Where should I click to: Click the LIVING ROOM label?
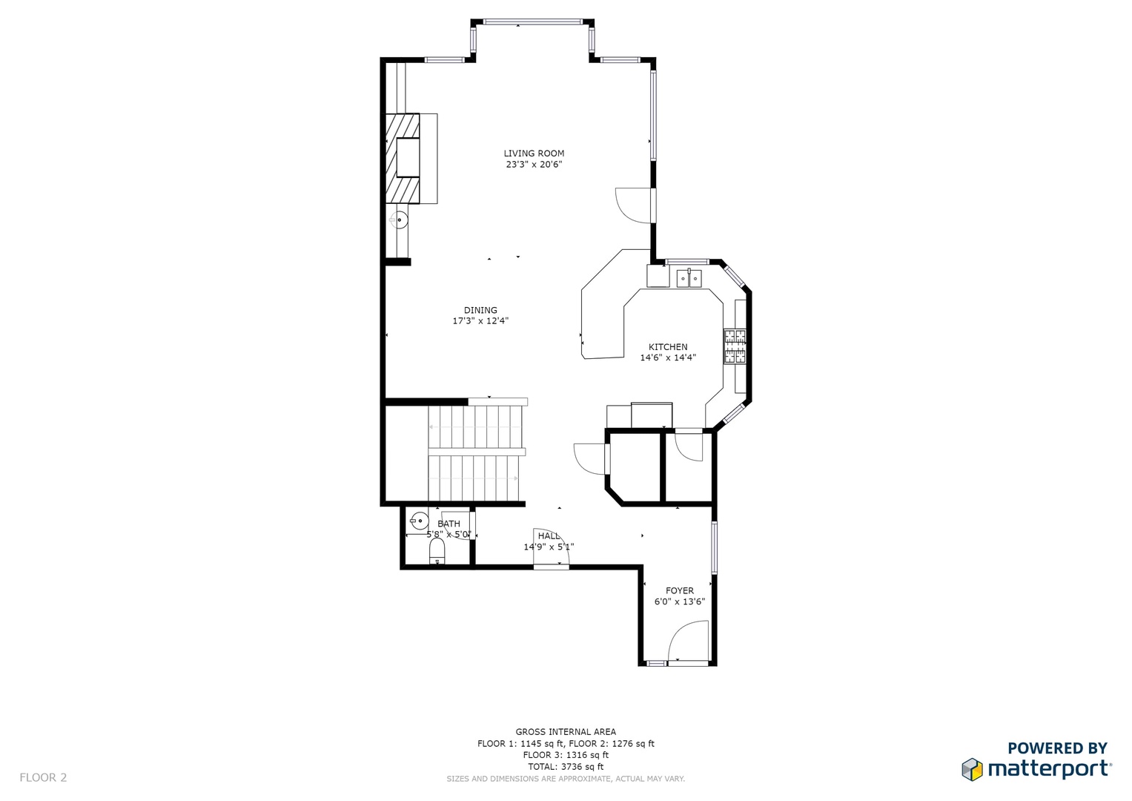(x=534, y=154)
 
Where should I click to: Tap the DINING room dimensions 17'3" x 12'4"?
(x=480, y=320)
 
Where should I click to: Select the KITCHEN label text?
(x=668, y=347)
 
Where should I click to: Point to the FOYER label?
(x=680, y=590)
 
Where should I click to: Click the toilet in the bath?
(x=437, y=551)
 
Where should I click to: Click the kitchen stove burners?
(x=735, y=346)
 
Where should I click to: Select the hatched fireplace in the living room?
(x=403, y=158)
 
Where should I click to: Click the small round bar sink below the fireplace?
(x=400, y=220)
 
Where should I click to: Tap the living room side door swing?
(x=632, y=205)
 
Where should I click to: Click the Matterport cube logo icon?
(x=972, y=769)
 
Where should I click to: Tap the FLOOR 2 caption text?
(x=43, y=777)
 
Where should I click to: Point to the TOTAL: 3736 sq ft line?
(x=566, y=767)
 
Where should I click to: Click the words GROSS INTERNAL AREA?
(x=566, y=732)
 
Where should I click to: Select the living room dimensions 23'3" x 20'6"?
(x=534, y=165)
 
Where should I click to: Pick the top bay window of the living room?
(x=532, y=22)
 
